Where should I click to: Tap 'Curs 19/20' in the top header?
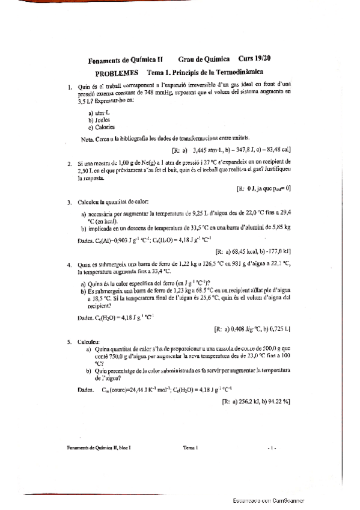click(254, 59)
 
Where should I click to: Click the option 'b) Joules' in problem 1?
click(99, 120)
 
